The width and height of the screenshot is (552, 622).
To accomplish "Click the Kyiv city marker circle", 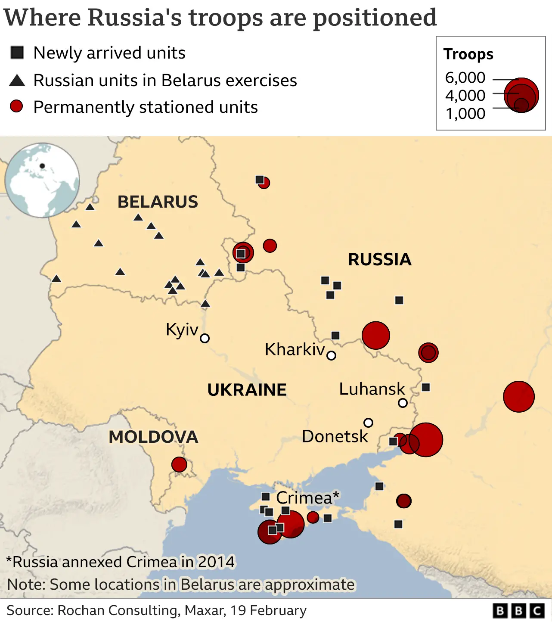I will coord(205,338).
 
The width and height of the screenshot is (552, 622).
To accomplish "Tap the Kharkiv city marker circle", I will coord(331,355).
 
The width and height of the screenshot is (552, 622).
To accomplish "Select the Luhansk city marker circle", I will coord(403,403).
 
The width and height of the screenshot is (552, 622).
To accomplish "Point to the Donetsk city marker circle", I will coord(368,423).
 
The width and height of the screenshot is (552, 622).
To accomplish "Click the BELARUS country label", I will coord(158,202).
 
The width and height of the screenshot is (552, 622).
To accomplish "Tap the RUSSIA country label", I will coord(379,260).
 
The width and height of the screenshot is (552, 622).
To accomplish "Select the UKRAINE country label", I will coord(247,390).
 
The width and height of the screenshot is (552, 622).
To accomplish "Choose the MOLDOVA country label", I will coord(153,437).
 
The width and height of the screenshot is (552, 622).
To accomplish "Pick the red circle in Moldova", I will coord(179,465).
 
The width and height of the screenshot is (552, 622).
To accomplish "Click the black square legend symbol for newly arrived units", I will coord(17,53).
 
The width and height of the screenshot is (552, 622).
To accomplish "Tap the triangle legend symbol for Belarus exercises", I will coord(17,80).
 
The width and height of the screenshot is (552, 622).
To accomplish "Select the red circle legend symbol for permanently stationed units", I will coord(16,106).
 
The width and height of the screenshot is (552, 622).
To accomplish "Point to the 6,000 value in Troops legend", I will coord(465,78).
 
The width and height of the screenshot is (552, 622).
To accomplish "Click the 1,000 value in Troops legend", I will coord(465,114).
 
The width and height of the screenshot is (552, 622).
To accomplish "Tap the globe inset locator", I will coord(42,180).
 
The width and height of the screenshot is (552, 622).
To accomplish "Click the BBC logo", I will coord(519,611).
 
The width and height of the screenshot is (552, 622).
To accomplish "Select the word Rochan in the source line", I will coord(81,610).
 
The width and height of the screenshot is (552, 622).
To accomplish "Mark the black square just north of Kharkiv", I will coord(335,336).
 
